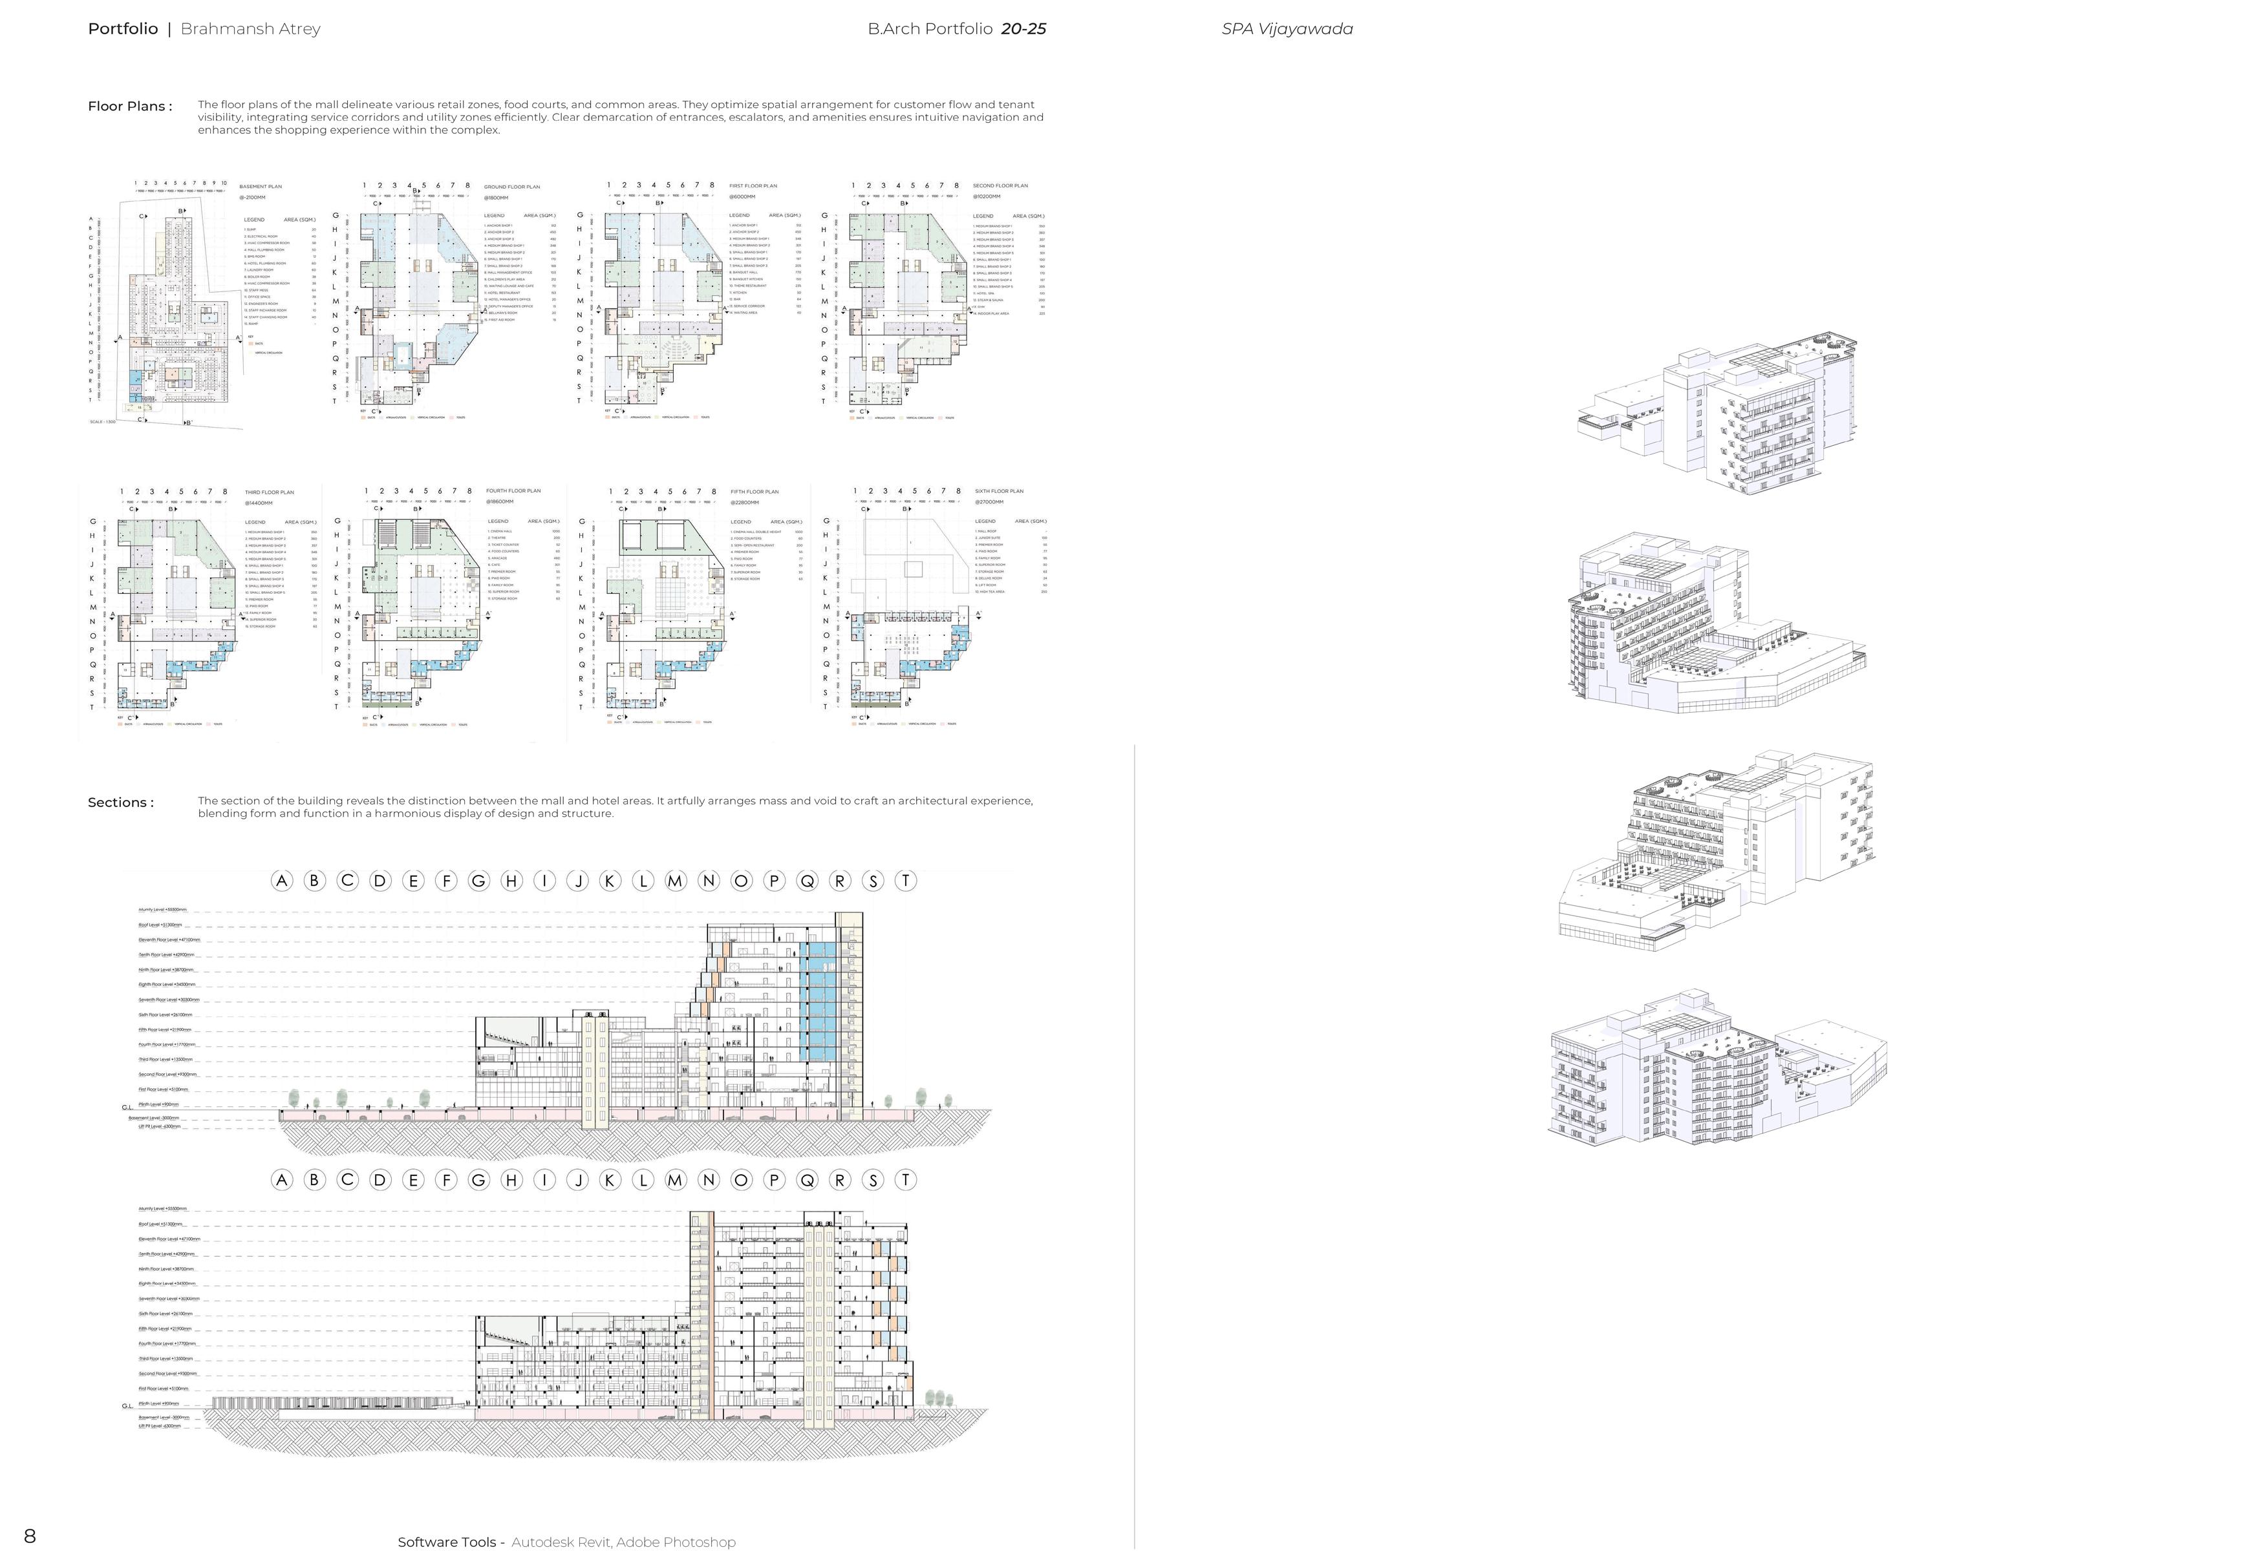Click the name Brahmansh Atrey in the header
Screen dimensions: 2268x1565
tap(250, 28)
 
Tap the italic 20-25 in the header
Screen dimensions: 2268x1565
tap(1023, 28)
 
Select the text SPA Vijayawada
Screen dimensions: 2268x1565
tap(1287, 28)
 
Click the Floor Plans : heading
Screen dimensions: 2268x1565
tap(129, 106)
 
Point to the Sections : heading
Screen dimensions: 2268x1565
tap(121, 802)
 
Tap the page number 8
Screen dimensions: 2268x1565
tap(30, 1535)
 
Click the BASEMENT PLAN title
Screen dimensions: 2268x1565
tap(261, 186)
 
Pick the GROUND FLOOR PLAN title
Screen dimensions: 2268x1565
tap(512, 186)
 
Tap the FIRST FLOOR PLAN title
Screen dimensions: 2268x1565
tap(753, 185)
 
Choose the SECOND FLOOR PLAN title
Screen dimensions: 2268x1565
tap(1001, 185)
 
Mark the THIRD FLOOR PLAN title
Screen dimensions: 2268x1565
tap(270, 492)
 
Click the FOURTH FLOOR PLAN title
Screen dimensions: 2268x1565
tap(513, 490)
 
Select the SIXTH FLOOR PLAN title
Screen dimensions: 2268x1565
tap(999, 491)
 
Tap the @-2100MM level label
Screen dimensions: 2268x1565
tap(252, 197)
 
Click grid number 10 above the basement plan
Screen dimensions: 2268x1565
tap(224, 184)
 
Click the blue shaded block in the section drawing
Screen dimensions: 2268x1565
tap(822, 1000)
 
